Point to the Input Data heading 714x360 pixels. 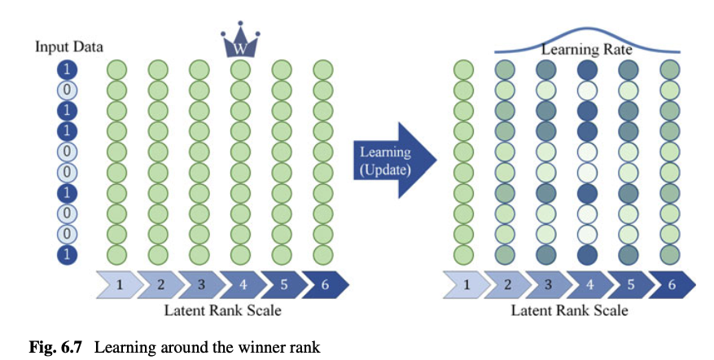[68, 46]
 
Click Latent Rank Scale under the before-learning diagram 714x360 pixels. [222, 310]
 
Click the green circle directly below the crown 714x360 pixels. [239, 69]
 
